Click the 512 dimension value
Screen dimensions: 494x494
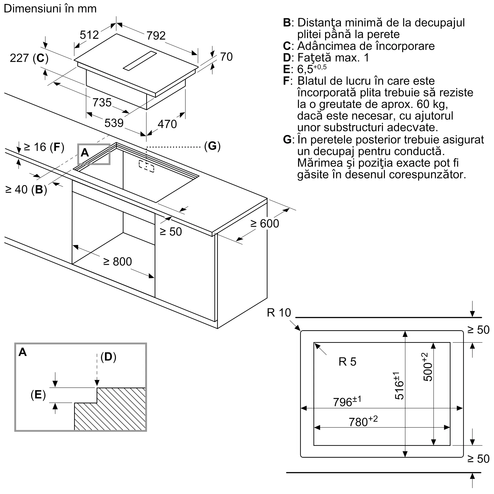point(89,35)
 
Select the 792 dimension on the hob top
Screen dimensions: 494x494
point(156,36)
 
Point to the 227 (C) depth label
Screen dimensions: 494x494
point(29,58)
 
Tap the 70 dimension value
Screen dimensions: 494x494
point(226,57)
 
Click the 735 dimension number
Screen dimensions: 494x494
point(102,103)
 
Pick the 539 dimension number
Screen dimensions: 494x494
point(114,123)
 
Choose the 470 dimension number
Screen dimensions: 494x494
point(167,124)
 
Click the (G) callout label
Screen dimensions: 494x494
point(212,146)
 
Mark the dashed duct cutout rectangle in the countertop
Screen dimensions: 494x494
point(146,166)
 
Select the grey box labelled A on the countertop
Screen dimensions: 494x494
point(94,154)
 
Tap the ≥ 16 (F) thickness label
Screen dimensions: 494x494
point(44,147)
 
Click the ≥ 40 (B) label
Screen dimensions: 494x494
point(26,190)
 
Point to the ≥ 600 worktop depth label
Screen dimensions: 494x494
point(265,224)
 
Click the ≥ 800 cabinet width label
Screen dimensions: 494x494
point(117,262)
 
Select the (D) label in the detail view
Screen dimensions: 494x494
point(108,357)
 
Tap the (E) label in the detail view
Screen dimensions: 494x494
point(38,394)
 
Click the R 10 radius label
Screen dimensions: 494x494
point(279,313)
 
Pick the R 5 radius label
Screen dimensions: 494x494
point(347,362)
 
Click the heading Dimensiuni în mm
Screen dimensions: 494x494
point(50,9)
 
